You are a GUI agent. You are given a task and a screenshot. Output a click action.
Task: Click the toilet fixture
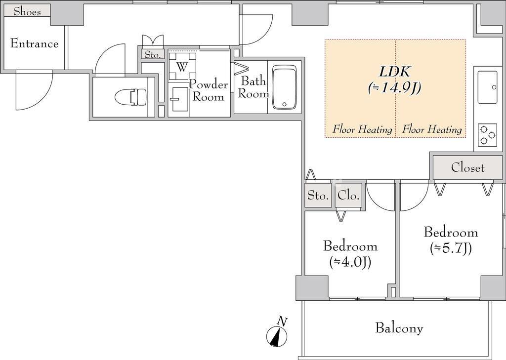[x=130, y=96]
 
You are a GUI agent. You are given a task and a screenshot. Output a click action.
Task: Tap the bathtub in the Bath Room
[x=284, y=88]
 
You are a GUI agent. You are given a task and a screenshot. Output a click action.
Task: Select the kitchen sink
[x=487, y=87]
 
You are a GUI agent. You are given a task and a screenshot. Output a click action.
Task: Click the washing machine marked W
[x=182, y=66]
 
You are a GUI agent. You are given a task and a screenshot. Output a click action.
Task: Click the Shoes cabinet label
[x=28, y=12]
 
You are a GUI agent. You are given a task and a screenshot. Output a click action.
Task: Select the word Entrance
[x=35, y=43]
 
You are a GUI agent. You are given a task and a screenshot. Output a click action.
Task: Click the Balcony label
[x=399, y=328]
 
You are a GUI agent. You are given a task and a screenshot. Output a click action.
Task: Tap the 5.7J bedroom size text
[x=451, y=249]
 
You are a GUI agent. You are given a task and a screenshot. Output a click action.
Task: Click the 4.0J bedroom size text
[x=350, y=263]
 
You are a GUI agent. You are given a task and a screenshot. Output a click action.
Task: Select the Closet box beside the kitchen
[x=467, y=167]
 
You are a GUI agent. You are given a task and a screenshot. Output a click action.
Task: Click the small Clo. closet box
[x=348, y=195]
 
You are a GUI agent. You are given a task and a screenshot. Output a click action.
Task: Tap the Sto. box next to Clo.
[x=318, y=195]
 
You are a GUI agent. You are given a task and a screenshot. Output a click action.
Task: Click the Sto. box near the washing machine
[x=153, y=54]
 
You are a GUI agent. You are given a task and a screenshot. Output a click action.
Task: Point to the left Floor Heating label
[x=362, y=129]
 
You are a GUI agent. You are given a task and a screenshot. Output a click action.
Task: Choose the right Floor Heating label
[x=432, y=129]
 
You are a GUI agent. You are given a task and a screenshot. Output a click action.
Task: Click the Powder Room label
[x=209, y=91]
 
